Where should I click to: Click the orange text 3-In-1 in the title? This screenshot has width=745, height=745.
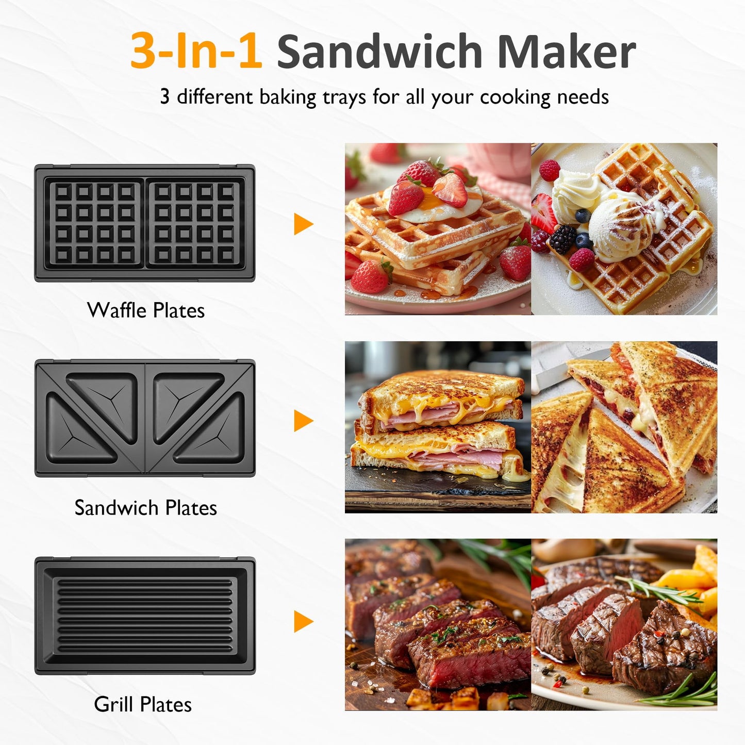pos(196,51)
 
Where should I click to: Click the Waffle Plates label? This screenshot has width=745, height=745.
pos(146,310)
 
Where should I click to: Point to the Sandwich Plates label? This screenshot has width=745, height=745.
pos(146,508)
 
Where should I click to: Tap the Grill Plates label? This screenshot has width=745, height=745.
pos(143,704)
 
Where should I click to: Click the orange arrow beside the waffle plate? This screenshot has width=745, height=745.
pos(303,224)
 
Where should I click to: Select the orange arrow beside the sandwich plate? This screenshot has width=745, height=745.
pos(303,421)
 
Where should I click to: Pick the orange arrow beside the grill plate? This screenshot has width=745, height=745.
pos(303,621)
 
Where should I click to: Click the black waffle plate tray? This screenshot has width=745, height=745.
pos(145,223)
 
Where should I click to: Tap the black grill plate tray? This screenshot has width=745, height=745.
pos(145,616)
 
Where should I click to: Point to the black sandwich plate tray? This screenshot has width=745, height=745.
pos(145,418)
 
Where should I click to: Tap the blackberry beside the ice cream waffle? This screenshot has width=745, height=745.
pos(562,239)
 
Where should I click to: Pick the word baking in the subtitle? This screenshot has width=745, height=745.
pos(288,97)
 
